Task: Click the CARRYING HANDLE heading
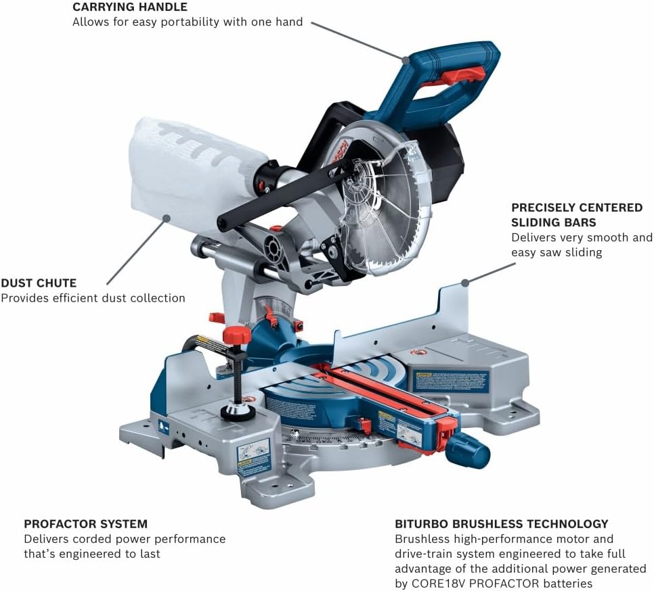130,7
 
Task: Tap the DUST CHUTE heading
39,283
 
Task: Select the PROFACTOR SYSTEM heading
85,524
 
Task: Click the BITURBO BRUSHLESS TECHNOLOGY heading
501,524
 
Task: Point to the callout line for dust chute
139,250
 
